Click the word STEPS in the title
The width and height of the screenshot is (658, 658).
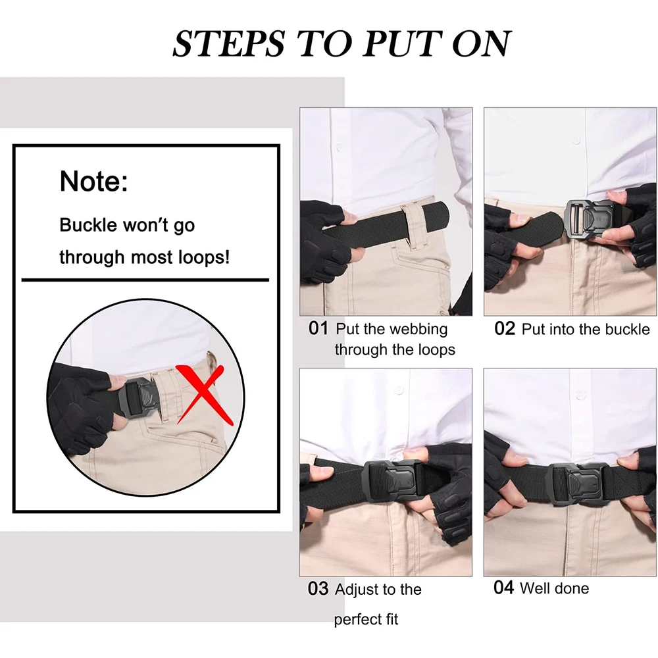(x=228, y=43)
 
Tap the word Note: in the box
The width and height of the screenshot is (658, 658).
(x=93, y=181)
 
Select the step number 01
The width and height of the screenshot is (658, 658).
(x=318, y=328)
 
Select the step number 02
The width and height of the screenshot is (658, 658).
(x=505, y=328)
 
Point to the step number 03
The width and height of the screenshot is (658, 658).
(x=318, y=589)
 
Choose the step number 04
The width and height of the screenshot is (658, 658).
(x=503, y=588)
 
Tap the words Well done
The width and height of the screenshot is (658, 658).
(x=554, y=588)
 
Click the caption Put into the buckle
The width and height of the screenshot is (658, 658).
(x=585, y=329)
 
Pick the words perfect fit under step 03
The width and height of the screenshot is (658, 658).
(x=366, y=619)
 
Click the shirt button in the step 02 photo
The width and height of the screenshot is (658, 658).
(x=576, y=140)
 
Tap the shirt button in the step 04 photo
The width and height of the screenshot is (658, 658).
(x=579, y=395)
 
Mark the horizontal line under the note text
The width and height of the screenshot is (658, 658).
(x=145, y=280)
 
